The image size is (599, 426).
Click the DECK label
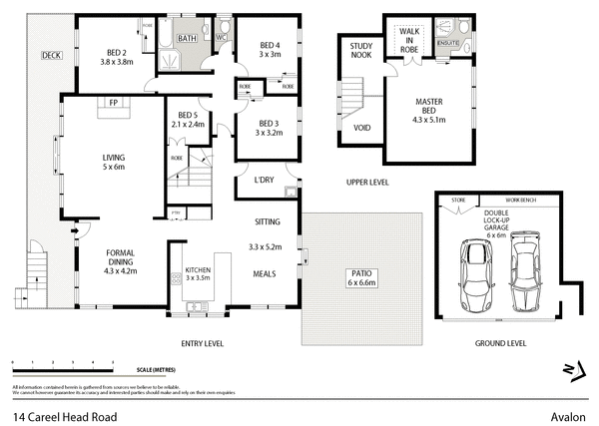point(51,55)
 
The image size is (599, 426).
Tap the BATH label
point(187,39)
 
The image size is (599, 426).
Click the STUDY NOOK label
point(359,50)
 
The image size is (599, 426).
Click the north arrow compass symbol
point(572,372)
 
